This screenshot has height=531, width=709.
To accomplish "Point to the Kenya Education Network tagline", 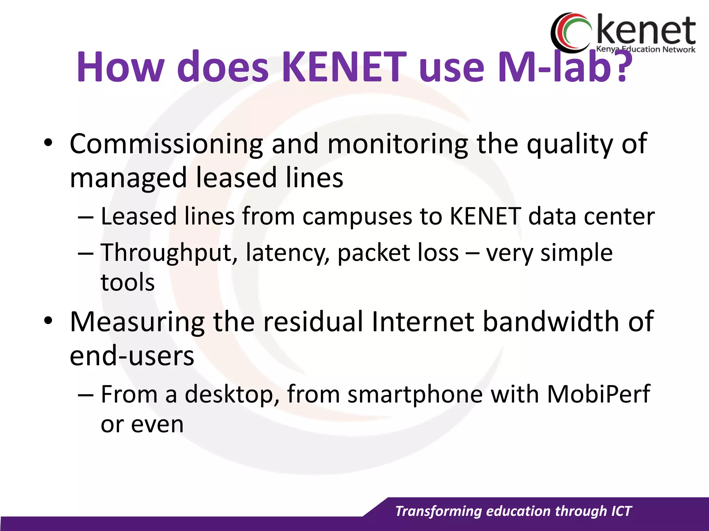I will click(645, 49).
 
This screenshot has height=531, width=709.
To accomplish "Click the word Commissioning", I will click(166, 144).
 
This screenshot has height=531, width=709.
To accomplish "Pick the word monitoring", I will click(398, 144).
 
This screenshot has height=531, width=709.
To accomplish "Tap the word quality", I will click(570, 144).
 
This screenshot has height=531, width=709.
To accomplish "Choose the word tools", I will click(127, 282).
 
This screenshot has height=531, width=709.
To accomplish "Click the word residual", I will click(313, 322).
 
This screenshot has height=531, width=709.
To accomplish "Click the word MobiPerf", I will click(598, 394).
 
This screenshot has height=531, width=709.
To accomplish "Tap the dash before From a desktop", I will click(86, 395).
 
